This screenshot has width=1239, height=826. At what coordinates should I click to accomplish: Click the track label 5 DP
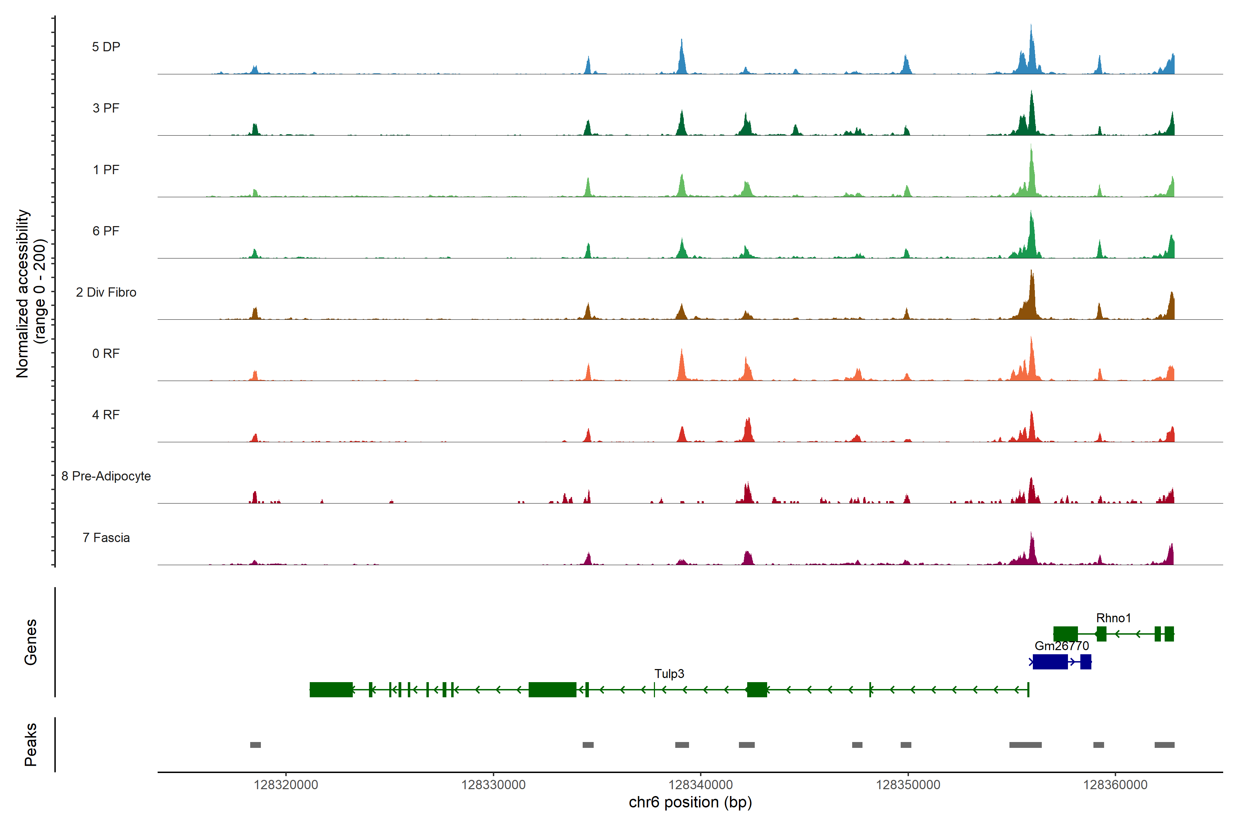pyautogui.click(x=106, y=47)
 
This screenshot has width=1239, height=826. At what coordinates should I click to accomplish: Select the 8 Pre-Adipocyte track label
pyautogui.click(x=106, y=476)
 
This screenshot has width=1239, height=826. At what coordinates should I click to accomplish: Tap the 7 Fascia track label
pyautogui.click(x=106, y=538)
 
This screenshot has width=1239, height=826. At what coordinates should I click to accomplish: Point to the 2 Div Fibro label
pyautogui.click(x=106, y=292)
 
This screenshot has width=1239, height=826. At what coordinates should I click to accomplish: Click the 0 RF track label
pyautogui.click(x=106, y=353)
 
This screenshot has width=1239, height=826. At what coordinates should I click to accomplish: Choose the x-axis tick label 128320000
pyautogui.click(x=286, y=785)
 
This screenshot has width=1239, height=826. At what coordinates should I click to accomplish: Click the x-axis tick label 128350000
pyautogui.click(x=908, y=785)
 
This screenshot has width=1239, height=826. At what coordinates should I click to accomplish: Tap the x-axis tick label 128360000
pyautogui.click(x=1115, y=785)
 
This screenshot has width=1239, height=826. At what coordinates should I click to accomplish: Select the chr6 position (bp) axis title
pyautogui.click(x=690, y=802)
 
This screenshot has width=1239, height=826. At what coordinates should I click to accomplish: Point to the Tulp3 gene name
pyautogui.click(x=669, y=674)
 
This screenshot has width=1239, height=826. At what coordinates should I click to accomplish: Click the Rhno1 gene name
pyautogui.click(x=1113, y=618)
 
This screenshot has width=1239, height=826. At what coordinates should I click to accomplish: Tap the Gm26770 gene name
pyautogui.click(x=1061, y=646)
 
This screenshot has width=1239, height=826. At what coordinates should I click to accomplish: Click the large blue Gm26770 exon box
pyautogui.click(x=1050, y=661)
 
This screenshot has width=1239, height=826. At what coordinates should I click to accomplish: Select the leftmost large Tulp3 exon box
pyautogui.click(x=331, y=690)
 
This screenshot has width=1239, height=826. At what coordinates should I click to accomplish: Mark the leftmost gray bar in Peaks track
pyautogui.click(x=255, y=745)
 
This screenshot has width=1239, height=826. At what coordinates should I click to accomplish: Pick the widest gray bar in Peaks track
pyautogui.click(x=1025, y=745)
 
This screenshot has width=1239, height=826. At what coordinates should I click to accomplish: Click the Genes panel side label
pyautogui.click(x=31, y=642)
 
